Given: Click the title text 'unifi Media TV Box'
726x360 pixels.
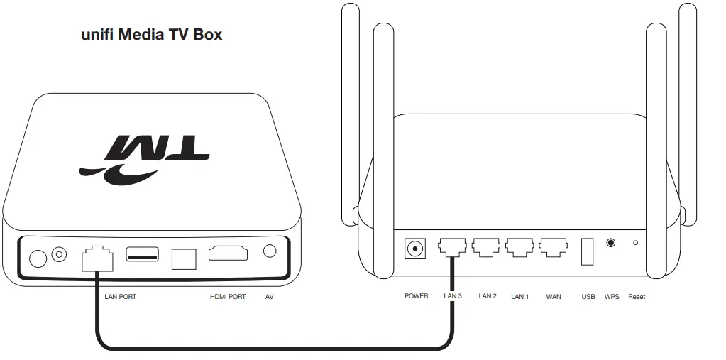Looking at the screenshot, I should tap(152, 34).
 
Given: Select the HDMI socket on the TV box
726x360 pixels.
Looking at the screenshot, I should tap(227, 253).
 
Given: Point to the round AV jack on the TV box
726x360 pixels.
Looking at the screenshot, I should tap(269, 251).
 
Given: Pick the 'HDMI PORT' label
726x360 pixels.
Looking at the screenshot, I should tap(228, 297).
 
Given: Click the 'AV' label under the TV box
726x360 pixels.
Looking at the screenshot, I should tap(269, 297).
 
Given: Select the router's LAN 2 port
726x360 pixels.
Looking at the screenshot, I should tap(486, 247).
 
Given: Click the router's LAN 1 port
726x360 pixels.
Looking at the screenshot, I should tap(519, 247).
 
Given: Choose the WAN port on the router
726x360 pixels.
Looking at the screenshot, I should tap(553, 247).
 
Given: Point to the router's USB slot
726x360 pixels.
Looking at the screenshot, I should tap(588, 251).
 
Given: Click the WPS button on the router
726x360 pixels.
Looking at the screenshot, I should tap(611, 243).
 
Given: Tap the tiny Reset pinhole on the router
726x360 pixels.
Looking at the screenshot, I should tap(635, 243).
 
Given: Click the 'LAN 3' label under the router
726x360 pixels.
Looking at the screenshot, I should tap(453, 296).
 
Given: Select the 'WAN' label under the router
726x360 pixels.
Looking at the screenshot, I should tap(554, 296).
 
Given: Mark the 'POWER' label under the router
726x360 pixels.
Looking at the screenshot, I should tap(416, 296).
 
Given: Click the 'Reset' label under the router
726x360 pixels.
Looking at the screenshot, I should tap(637, 296).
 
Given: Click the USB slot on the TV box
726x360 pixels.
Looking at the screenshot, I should tap(142, 253).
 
